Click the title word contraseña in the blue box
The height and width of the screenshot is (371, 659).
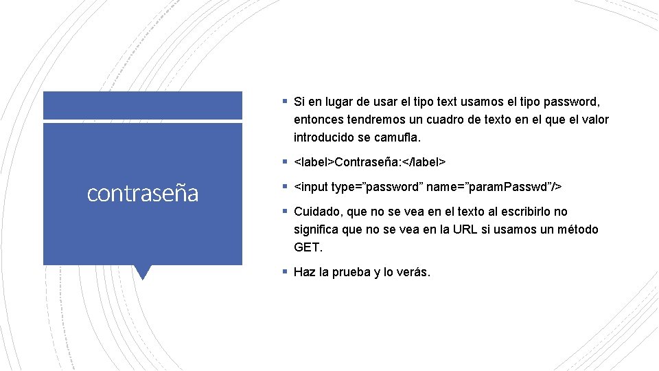(x=143, y=194)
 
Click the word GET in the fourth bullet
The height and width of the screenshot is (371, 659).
(x=307, y=247)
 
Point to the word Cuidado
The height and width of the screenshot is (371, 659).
(x=317, y=212)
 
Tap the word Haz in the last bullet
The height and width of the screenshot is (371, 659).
(x=304, y=272)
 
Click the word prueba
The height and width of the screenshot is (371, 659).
(x=354, y=272)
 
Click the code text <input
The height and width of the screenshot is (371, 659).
(x=310, y=187)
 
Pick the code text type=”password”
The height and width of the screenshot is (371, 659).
(x=373, y=187)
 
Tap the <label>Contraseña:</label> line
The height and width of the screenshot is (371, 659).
(x=370, y=162)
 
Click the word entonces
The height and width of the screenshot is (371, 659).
(x=319, y=120)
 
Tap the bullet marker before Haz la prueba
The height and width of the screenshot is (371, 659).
(x=284, y=272)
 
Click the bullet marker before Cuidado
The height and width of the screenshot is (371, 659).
(x=284, y=212)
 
